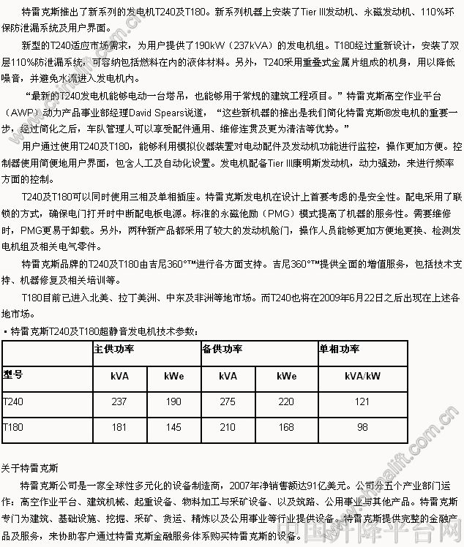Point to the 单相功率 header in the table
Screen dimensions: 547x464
[x=340, y=349]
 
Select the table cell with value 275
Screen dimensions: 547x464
[x=228, y=401]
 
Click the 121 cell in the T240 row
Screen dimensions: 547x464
[x=362, y=401]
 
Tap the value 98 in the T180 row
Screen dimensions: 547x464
[x=362, y=426]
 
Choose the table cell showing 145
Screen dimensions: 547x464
[x=173, y=426]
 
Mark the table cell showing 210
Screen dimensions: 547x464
[x=228, y=426]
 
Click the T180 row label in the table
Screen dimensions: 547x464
[x=13, y=426]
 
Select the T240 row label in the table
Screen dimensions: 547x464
[x=13, y=401]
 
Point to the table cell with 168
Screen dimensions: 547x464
[x=286, y=426]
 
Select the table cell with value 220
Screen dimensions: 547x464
[x=286, y=401]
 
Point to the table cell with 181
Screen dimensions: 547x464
[x=119, y=426]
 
